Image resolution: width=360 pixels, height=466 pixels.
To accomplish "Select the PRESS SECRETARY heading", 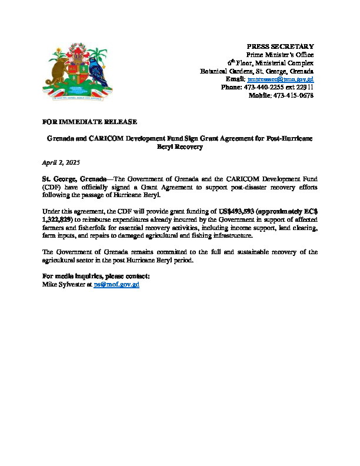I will point(280,46).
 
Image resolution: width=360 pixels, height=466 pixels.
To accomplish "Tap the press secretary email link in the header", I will point(281,79).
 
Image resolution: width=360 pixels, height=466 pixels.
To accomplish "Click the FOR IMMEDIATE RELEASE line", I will point(90,121).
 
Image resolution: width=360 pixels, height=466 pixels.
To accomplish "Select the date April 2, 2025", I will point(61,162).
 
